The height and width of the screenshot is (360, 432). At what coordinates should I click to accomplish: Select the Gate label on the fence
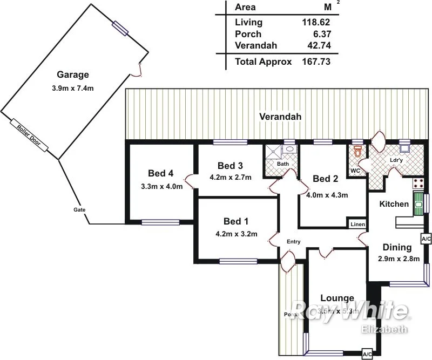[x=79, y=209]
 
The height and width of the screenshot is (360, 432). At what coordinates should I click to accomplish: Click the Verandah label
[x=280, y=117]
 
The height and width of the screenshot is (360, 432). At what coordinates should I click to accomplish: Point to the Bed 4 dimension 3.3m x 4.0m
[x=160, y=187]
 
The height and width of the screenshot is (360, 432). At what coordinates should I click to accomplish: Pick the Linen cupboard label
[x=357, y=224]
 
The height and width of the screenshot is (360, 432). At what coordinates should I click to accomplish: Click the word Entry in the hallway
[x=293, y=242]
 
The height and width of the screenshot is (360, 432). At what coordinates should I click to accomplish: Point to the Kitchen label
[x=394, y=204]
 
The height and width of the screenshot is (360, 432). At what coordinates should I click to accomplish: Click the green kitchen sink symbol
[x=417, y=205]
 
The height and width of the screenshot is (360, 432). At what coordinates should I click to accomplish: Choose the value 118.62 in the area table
[x=315, y=23]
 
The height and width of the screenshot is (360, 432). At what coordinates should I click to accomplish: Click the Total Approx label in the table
[x=264, y=62]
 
